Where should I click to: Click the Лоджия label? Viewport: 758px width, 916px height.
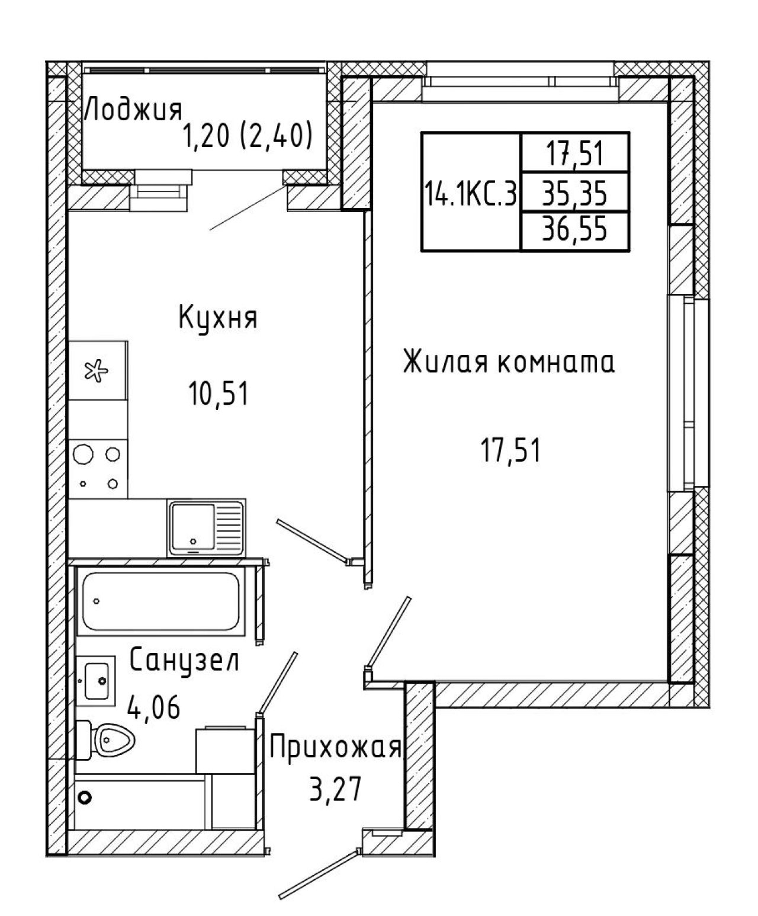point(133,111)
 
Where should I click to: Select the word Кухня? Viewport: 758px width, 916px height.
point(218,319)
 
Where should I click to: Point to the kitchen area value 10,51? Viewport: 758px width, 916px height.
point(219,393)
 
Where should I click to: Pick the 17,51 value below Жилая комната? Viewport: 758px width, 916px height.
point(510,450)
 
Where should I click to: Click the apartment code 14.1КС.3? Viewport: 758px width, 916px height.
point(471,194)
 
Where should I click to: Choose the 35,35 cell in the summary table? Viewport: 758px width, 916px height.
point(575,194)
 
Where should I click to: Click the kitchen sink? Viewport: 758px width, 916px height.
point(206,528)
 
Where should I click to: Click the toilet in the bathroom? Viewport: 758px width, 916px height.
point(105,740)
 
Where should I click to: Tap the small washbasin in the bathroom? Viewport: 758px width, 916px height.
point(96,681)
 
